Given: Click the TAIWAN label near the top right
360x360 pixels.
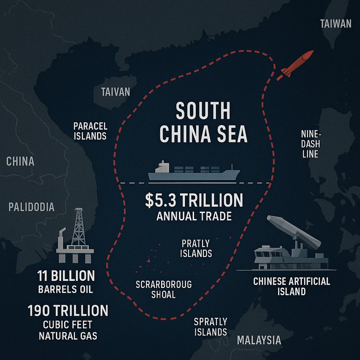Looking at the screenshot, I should point(335,24).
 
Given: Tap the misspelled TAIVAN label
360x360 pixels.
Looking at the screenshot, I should point(116,92).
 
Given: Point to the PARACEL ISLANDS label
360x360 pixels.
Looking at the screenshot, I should point(90,130).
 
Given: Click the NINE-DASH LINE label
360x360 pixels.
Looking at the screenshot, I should point(310,144).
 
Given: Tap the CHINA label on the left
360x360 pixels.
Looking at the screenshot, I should point(21,161).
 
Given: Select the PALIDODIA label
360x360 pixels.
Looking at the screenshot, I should point(31,207).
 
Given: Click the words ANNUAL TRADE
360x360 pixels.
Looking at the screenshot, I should point(194,216).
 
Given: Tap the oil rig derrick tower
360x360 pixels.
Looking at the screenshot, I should point(79,227).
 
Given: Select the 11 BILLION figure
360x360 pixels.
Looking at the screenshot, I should point(67,275).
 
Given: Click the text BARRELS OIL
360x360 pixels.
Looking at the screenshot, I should point(67,289).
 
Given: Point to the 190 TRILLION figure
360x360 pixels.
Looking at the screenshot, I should point(67,310).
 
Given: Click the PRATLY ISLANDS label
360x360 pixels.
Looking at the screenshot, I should point(196,248).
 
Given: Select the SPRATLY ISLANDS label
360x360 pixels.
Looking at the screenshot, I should point(210,327).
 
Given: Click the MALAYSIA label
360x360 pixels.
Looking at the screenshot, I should point(259,340).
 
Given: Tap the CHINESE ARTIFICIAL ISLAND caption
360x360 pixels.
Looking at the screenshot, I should point(292,286).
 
